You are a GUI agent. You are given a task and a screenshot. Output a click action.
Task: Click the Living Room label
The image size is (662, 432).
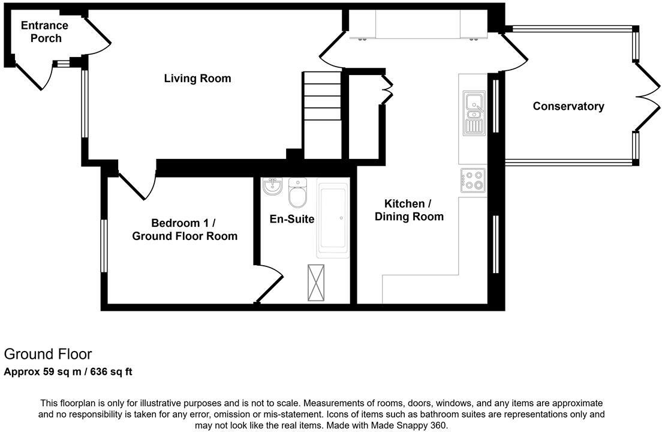coord(197,79)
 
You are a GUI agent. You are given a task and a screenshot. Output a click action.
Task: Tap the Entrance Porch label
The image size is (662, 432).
coord(44,32)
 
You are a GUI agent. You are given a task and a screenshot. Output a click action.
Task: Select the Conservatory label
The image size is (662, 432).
coord(568,106)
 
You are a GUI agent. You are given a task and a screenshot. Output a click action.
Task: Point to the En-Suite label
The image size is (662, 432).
coord(292,219)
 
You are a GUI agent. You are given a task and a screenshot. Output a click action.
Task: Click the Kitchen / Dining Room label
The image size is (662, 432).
coord(409,210)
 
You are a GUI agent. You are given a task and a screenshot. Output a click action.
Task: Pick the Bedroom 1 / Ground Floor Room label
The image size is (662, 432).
coord(184,229)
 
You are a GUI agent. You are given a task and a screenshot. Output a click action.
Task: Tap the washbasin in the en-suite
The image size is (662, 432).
coord(273,187)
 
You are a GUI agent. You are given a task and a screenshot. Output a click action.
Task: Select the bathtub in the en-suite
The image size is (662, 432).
coord(333,220)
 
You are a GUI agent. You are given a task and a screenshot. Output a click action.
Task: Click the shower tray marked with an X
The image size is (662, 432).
coord(315,283)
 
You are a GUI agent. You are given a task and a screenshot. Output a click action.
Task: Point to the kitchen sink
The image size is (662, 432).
coord(474,113)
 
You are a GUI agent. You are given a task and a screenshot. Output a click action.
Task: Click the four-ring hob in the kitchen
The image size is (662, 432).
coord(473,180)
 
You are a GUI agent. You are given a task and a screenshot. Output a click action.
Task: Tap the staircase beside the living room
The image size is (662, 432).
coord(322,114)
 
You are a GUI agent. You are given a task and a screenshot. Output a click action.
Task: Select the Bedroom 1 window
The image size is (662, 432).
coord(104,246)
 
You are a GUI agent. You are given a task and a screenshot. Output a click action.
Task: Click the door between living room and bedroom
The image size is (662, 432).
coord(136,184)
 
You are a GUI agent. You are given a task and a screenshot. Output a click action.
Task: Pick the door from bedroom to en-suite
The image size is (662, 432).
coord(269,284)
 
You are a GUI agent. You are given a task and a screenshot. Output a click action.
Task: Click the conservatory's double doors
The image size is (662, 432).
coord(646,96)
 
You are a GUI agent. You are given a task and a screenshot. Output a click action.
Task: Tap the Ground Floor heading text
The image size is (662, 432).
coord(48,354)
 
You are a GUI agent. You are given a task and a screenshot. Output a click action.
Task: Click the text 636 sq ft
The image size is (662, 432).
coord(112,372)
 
